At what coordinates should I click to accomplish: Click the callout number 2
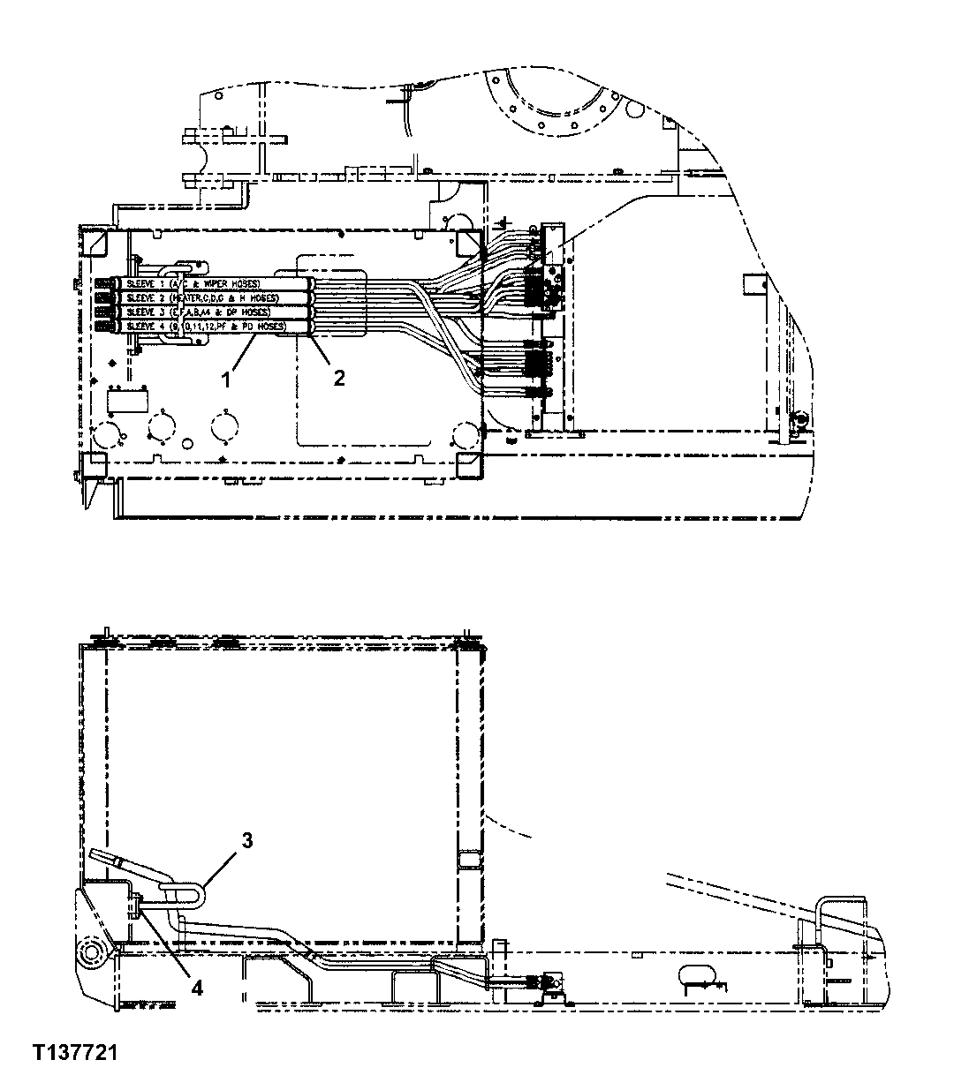coord(338,377)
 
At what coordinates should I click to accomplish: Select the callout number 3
coord(247,840)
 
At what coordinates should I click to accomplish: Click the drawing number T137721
coord(76,1053)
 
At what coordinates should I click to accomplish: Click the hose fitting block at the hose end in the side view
coord(554,981)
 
